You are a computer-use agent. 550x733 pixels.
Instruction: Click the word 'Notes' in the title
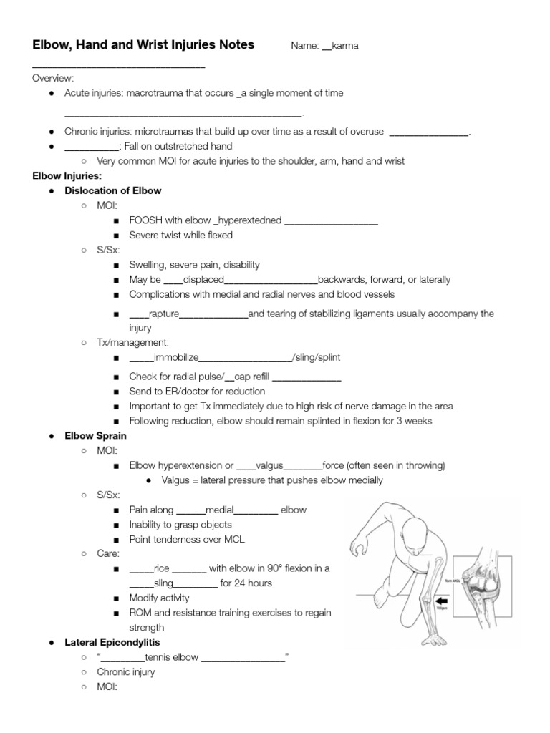234,45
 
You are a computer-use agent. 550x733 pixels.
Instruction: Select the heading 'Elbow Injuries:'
67,176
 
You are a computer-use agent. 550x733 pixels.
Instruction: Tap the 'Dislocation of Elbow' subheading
112,191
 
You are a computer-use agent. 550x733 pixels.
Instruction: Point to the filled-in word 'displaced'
203,280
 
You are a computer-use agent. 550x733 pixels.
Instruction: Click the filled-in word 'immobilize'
176,358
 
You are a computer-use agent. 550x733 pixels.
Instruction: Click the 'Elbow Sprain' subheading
95,435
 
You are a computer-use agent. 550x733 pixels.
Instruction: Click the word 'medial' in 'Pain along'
219,510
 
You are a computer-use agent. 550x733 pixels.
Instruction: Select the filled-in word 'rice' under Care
162,568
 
